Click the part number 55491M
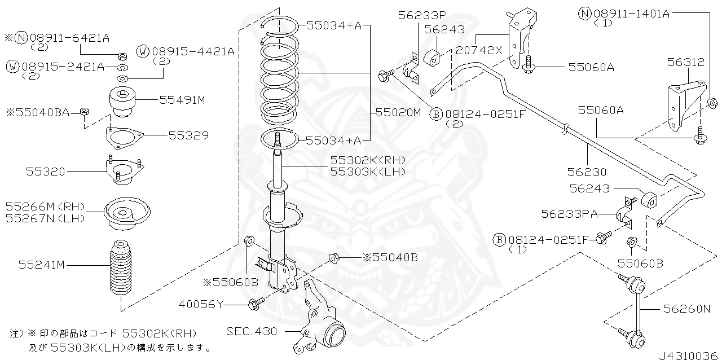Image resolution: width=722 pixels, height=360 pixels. click(x=182, y=100)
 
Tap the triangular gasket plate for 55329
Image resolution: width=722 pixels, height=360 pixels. click(x=123, y=136)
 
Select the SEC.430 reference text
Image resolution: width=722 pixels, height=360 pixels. click(x=252, y=331)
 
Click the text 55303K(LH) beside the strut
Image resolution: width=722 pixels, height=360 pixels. click(x=367, y=171)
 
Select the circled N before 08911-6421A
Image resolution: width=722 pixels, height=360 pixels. click(x=21, y=38)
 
